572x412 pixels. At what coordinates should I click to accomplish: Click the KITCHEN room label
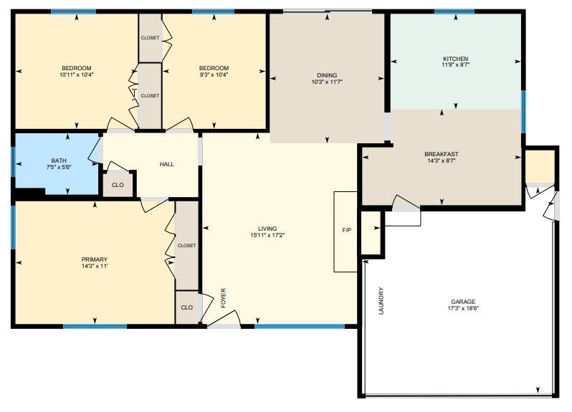(x=455, y=58)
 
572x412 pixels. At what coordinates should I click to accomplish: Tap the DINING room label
(x=327, y=75)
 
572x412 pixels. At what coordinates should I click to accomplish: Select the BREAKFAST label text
(x=441, y=154)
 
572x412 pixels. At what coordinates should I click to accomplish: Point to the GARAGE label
(x=462, y=302)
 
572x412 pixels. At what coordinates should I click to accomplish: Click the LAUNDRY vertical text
(x=381, y=301)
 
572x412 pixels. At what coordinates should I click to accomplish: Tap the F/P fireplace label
(x=346, y=230)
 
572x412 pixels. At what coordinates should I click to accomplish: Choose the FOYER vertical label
(x=224, y=297)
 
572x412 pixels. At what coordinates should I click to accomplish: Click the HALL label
(x=166, y=164)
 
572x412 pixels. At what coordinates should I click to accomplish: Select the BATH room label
(x=58, y=161)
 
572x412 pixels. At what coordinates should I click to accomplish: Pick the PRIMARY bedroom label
(x=95, y=259)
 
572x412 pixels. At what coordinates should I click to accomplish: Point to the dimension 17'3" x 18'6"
(x=462, y=308)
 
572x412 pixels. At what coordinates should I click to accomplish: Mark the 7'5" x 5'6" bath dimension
(x=58, y=167)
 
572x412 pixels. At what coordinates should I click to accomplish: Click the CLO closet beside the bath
(x=118, y=185)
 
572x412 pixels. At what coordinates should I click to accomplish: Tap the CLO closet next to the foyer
(x=186, y=307)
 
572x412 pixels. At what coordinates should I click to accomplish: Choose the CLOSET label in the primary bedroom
(x=186, y=245)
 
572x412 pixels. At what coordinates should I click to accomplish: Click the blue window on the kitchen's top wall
(x=454, y=11)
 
